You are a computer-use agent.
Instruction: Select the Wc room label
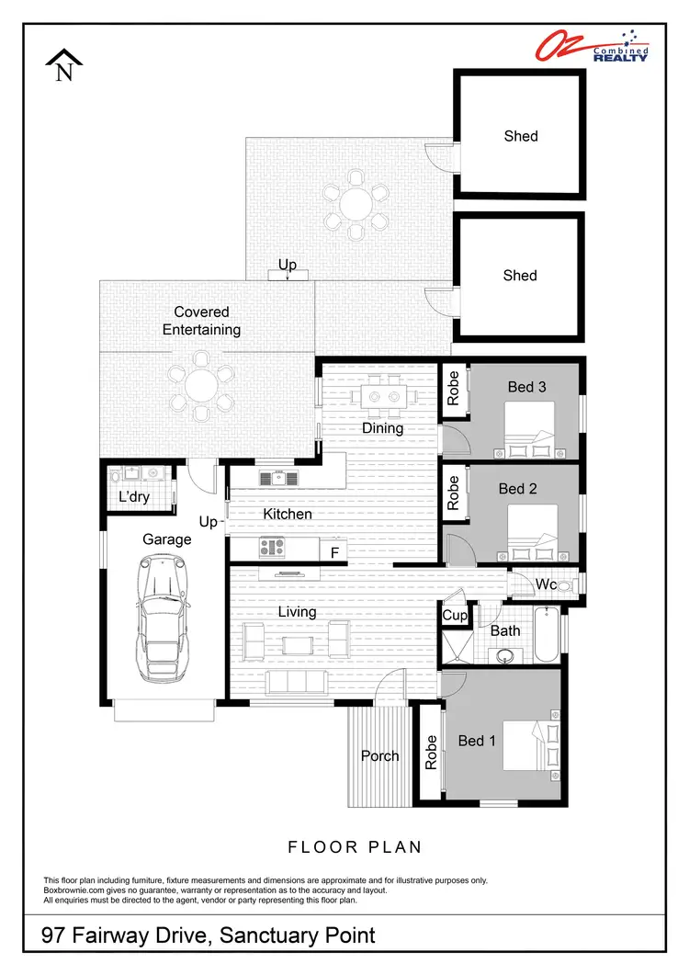(545, 584)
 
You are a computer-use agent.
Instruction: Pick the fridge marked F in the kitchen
(335, 551)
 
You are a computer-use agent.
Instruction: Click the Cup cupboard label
(455, 615)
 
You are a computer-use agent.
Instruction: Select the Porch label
(379, 755)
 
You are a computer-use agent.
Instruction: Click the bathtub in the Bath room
(545, 636)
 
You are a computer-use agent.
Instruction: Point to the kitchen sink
(277, 477)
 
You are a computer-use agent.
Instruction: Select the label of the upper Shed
(520, 136)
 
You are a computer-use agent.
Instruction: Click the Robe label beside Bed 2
(453, 493)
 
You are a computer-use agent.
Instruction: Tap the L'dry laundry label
(134, 497)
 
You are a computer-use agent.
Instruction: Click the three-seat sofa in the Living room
(296, 681)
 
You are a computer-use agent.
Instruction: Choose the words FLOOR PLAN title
(354, 846)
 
